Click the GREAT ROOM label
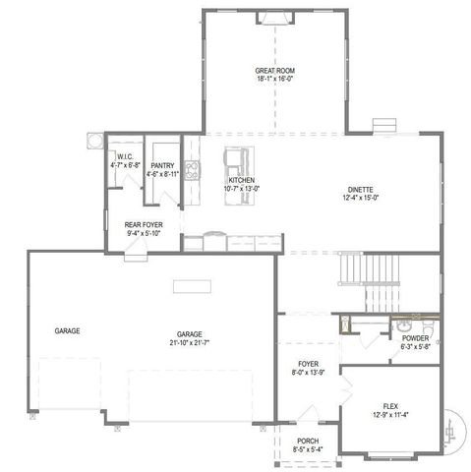coord(275,71)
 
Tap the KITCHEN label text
coord(242,182)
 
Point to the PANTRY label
coord(162,166)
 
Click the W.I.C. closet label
coord(125,157)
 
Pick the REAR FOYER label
coord(144,225)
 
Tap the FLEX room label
coord(389,405)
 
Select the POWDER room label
coord(415,338)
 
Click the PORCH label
coord(306,442)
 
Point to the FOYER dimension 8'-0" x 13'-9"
coord(309,374)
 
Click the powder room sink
coord(403,325)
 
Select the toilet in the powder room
coord(430,324)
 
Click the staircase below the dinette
coord(360,266)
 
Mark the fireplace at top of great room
coord(272,18)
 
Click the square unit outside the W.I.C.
coord(95,140)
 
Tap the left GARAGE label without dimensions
coord(67,331)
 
